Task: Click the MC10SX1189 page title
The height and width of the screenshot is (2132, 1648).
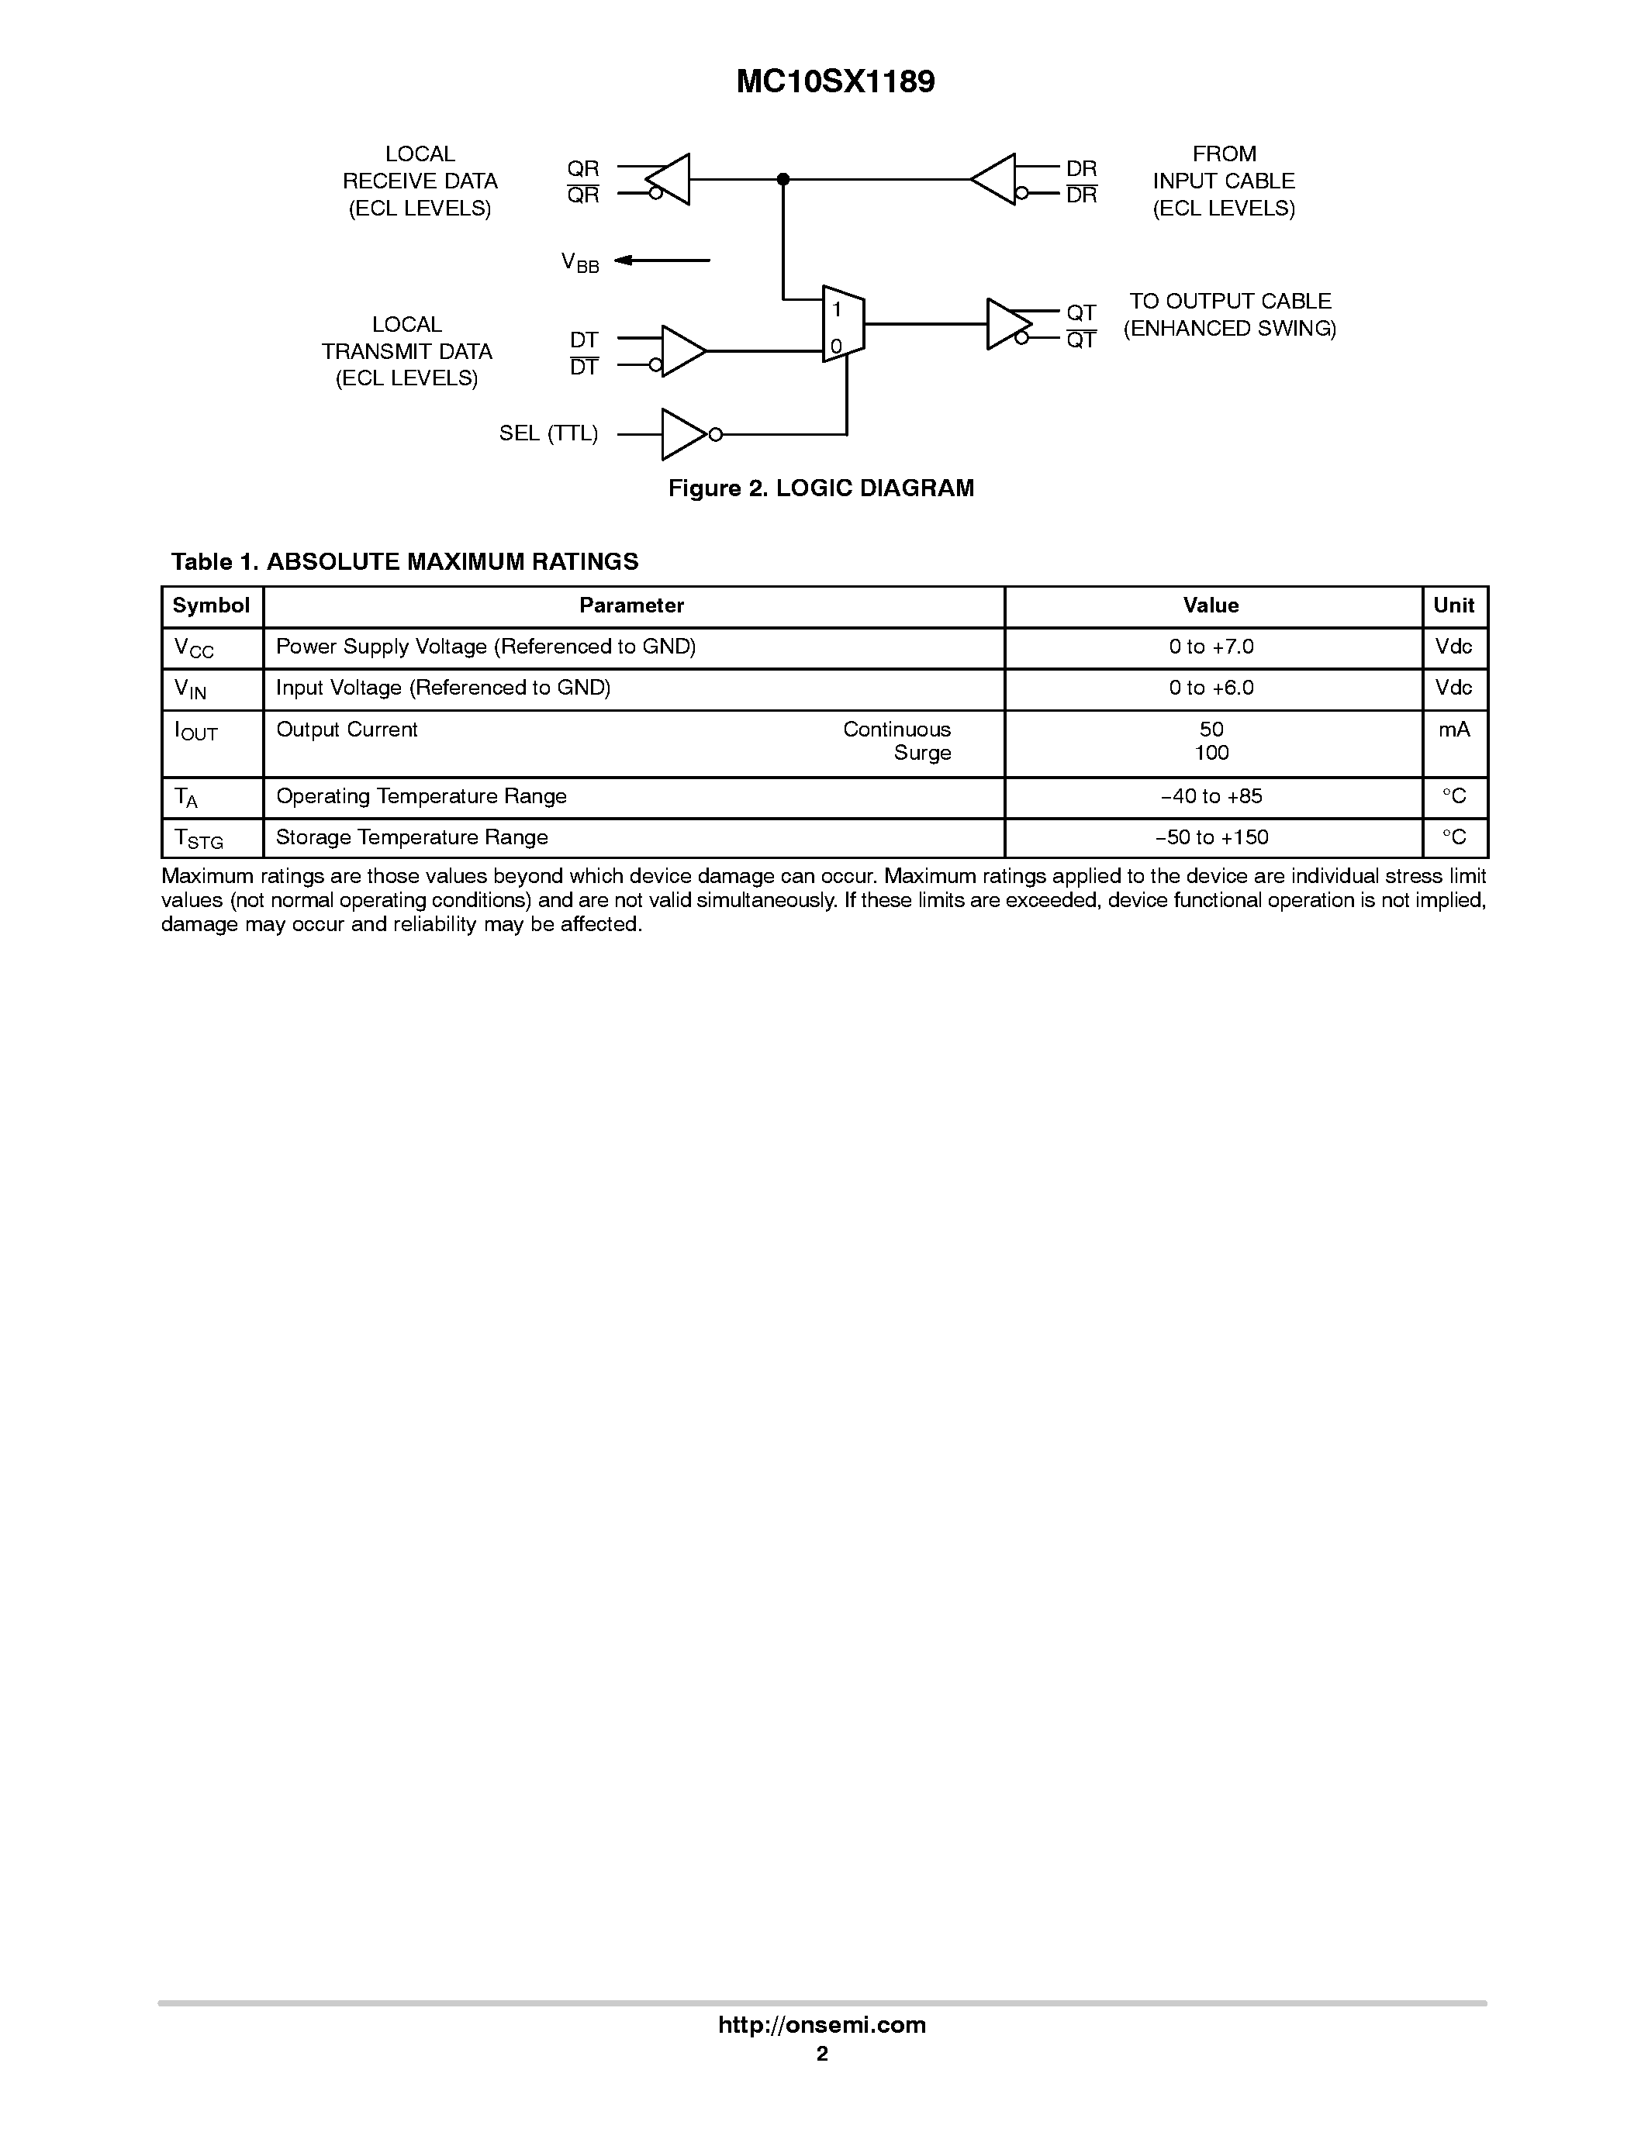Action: tap(834, 82)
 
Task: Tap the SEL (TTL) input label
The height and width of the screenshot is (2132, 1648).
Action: tap(548, 433)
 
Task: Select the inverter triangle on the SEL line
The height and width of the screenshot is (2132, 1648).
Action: tap(683, 434)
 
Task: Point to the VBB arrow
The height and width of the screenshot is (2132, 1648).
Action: tap(662, 260)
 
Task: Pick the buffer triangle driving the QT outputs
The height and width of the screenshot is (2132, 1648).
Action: tap(1007, 324)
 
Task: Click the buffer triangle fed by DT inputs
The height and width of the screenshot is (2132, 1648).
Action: tap(682, 350)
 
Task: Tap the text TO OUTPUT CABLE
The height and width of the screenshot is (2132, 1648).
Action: tap(1230, 302)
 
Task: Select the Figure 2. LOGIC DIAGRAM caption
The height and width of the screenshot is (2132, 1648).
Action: tap(821, 488)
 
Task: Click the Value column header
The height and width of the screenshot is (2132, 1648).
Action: tap(1211, 605)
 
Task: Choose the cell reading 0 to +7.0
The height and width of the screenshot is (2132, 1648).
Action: tap(1211, 647)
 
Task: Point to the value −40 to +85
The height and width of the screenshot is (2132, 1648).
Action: tap(1211, 796)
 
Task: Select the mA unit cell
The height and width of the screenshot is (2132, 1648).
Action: tap(1453, 730)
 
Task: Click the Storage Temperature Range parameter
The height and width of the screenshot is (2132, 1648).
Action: tap(412, 837)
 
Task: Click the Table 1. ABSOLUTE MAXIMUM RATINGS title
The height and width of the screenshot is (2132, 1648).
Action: tap(404, 562)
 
